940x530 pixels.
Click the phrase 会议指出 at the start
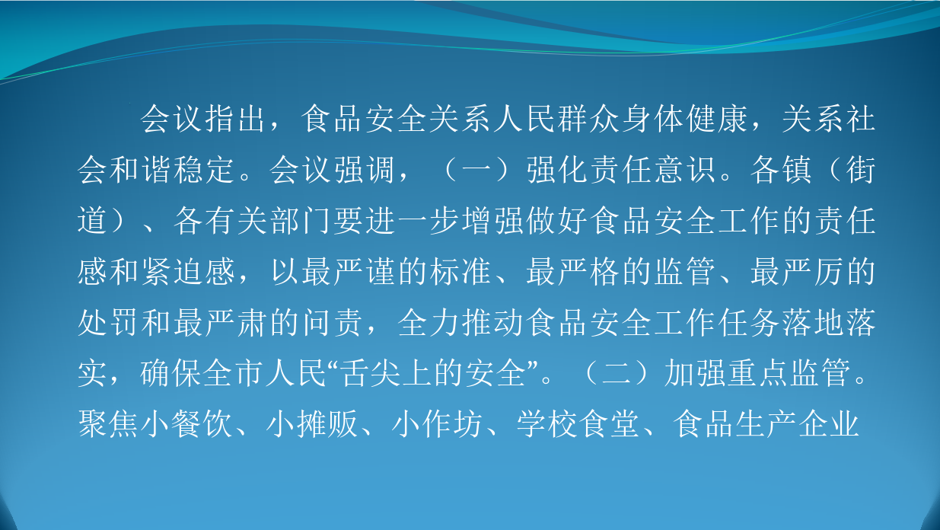pyautogui.click(x=203, y=120)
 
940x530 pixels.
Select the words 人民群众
pyautogui.click(x=557, y=120)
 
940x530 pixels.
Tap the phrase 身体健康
pyautogui.click(x=685, y=120)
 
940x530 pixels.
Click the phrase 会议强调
pyautogui.click(x=332, y=170)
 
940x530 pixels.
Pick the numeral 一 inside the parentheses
pyautogui.click(x=476, y=170)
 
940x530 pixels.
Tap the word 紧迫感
pyautogui.click(x=188, y=272)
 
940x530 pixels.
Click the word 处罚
pyautogui.click(x=108, y=323)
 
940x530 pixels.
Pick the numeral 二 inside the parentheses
pyautogui.click(x=616, y=373)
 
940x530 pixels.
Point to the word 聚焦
pyautogui.click(x=108, y=424)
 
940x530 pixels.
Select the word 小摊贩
pyautogui.click(x=312, y=424)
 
